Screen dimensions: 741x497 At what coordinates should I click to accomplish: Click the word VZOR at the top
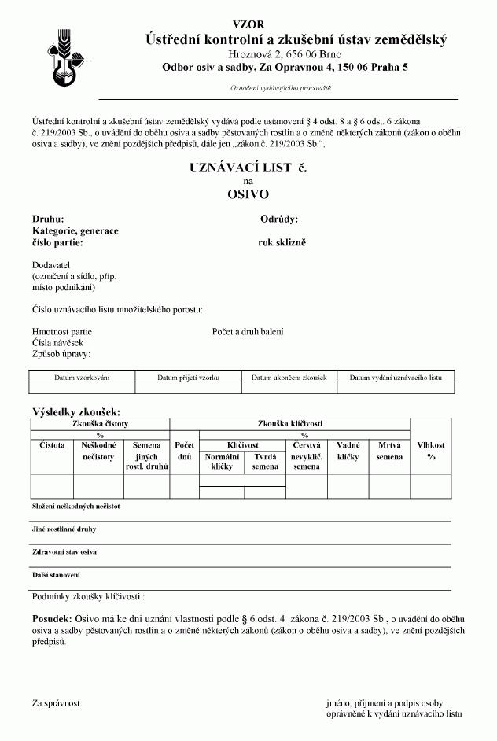point(249,24)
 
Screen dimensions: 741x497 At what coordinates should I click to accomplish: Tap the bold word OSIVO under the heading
point(248,194)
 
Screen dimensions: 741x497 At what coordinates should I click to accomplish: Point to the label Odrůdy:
point(279,219)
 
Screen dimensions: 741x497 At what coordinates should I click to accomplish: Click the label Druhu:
point(48,219)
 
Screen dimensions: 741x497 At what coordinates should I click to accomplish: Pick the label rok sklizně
point(282,242)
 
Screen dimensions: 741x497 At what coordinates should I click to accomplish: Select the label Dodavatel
point(51,265)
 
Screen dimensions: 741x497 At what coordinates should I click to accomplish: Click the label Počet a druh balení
point(248,332)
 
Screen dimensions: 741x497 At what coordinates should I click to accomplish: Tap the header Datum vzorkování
point(82,378)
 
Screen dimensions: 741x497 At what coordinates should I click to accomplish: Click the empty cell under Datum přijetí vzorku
point(189,388)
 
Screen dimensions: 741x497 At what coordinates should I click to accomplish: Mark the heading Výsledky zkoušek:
point(76,412)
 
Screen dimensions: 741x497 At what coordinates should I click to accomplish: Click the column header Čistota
point(53,445)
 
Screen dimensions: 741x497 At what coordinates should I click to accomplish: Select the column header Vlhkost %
point(431,451)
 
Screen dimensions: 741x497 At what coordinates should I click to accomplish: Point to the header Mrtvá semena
point(389,451)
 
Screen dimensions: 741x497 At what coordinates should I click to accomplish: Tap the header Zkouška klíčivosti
point(290,423)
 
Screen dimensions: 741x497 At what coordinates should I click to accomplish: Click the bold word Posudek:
point(52,619)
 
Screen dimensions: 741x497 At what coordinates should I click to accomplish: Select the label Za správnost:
point(57,702)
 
